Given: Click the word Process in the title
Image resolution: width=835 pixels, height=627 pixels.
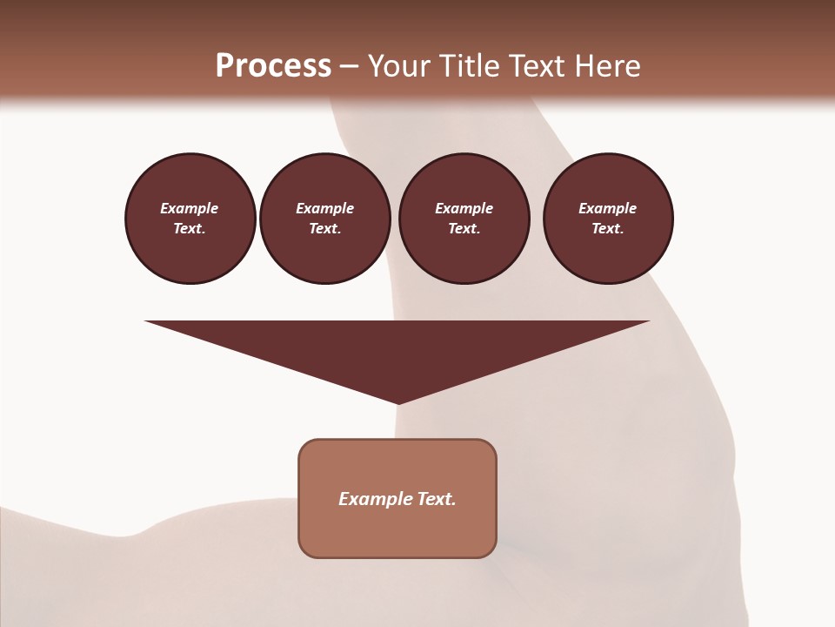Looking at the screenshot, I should tap(273, 66).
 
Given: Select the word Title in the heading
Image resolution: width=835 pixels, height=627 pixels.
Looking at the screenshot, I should tap(471, 66).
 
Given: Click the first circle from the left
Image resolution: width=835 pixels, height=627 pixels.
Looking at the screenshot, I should tap(190, 219).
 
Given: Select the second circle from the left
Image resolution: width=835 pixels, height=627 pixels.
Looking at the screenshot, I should tap(325, 219).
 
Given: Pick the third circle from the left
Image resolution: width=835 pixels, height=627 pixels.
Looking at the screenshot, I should tap(464, 219).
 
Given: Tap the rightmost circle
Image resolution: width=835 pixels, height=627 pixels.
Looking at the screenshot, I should tap(608, 219).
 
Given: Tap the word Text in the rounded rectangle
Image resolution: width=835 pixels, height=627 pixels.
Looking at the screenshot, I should tap(438, 499).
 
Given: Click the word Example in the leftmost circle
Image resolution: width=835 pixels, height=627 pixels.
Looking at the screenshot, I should tap(190, 208).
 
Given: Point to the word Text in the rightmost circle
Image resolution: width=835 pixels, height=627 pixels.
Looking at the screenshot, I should tap(608, 229).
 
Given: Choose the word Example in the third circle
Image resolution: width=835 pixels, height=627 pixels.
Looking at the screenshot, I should tap(464, 208).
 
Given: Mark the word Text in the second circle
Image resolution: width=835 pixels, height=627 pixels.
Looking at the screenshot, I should tap(325, 229).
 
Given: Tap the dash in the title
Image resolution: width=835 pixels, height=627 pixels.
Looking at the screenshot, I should tap(350, 66).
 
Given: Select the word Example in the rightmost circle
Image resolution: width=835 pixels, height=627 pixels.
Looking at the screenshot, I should tap(608, 208).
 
